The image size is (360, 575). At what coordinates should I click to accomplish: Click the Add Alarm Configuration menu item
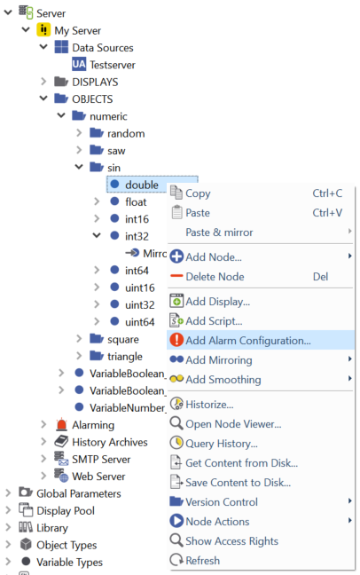[247, 340]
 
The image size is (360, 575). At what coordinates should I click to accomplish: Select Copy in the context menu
[198, 193]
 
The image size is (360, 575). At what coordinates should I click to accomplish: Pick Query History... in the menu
[221, 443]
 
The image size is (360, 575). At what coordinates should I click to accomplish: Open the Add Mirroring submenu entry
[218, 360]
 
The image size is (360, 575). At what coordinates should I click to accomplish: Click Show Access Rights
[231, 541]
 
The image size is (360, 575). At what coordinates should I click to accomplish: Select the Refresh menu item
[202, 561]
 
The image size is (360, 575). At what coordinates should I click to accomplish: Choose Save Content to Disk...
[238, 482]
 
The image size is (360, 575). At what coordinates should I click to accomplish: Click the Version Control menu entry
[222, 502]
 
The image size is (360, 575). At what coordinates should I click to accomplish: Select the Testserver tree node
[112, 65]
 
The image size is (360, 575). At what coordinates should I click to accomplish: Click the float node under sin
[136, 201]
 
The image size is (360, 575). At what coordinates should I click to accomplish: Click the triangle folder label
[125, 356]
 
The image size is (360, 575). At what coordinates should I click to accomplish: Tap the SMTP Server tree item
[100, 459]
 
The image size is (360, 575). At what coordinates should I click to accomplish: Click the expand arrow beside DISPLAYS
[43, 82]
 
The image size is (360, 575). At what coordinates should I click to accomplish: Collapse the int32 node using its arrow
[97, 236]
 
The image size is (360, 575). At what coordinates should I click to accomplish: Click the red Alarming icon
[61, 425]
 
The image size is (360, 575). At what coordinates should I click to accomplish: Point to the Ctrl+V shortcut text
[327, 212]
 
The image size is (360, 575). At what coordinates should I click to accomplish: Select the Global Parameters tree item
[78, 492]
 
